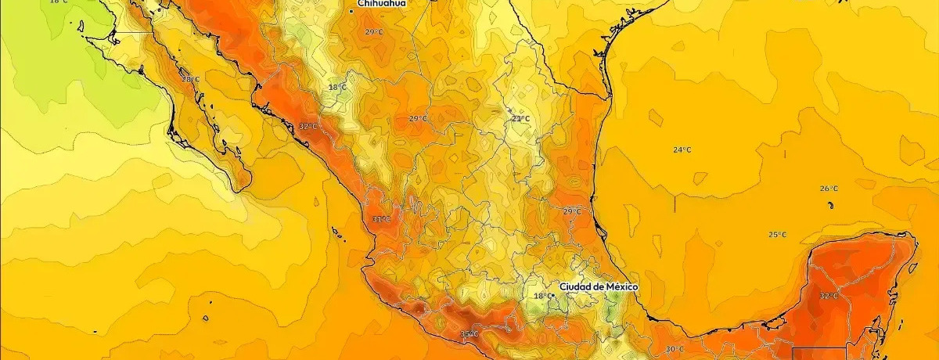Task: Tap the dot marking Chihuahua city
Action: (351, 11)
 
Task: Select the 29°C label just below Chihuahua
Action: (374, 32)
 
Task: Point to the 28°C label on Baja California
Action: (191, 79)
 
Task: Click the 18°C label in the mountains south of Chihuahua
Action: (336, 87)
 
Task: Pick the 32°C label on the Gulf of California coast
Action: (308, 126)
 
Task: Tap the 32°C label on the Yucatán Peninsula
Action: (828, 296)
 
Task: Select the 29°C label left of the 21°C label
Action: (418, 119)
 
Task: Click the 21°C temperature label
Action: (520, 119)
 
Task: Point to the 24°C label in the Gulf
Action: (682, 149)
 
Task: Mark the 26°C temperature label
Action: (829, 189)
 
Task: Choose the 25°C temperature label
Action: (777, 235)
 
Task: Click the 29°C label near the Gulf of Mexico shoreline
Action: (572, 211)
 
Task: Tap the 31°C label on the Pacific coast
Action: (381, 219)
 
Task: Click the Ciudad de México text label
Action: (599, 287)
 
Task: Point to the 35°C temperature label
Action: (469, 336)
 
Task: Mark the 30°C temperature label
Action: (675, 349)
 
